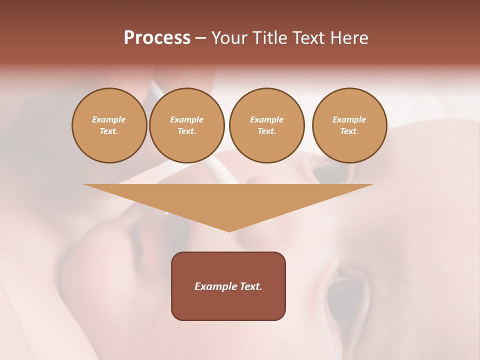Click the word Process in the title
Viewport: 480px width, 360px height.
157,38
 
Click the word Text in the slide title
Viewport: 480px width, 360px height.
309,38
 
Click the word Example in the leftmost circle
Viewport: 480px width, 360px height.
109,119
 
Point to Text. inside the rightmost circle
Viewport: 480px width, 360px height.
349,131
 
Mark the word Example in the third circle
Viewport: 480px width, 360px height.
266,119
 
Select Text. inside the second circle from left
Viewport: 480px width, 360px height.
186,131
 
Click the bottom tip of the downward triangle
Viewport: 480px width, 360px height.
229,230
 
